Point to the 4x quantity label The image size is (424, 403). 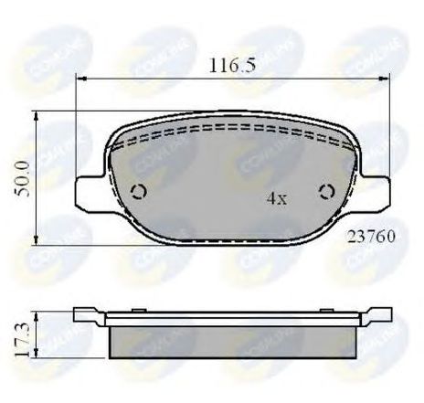click(x=274, y=197)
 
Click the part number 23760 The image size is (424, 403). click(x=370, y=235)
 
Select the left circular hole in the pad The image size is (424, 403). click(x=139, y=191)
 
